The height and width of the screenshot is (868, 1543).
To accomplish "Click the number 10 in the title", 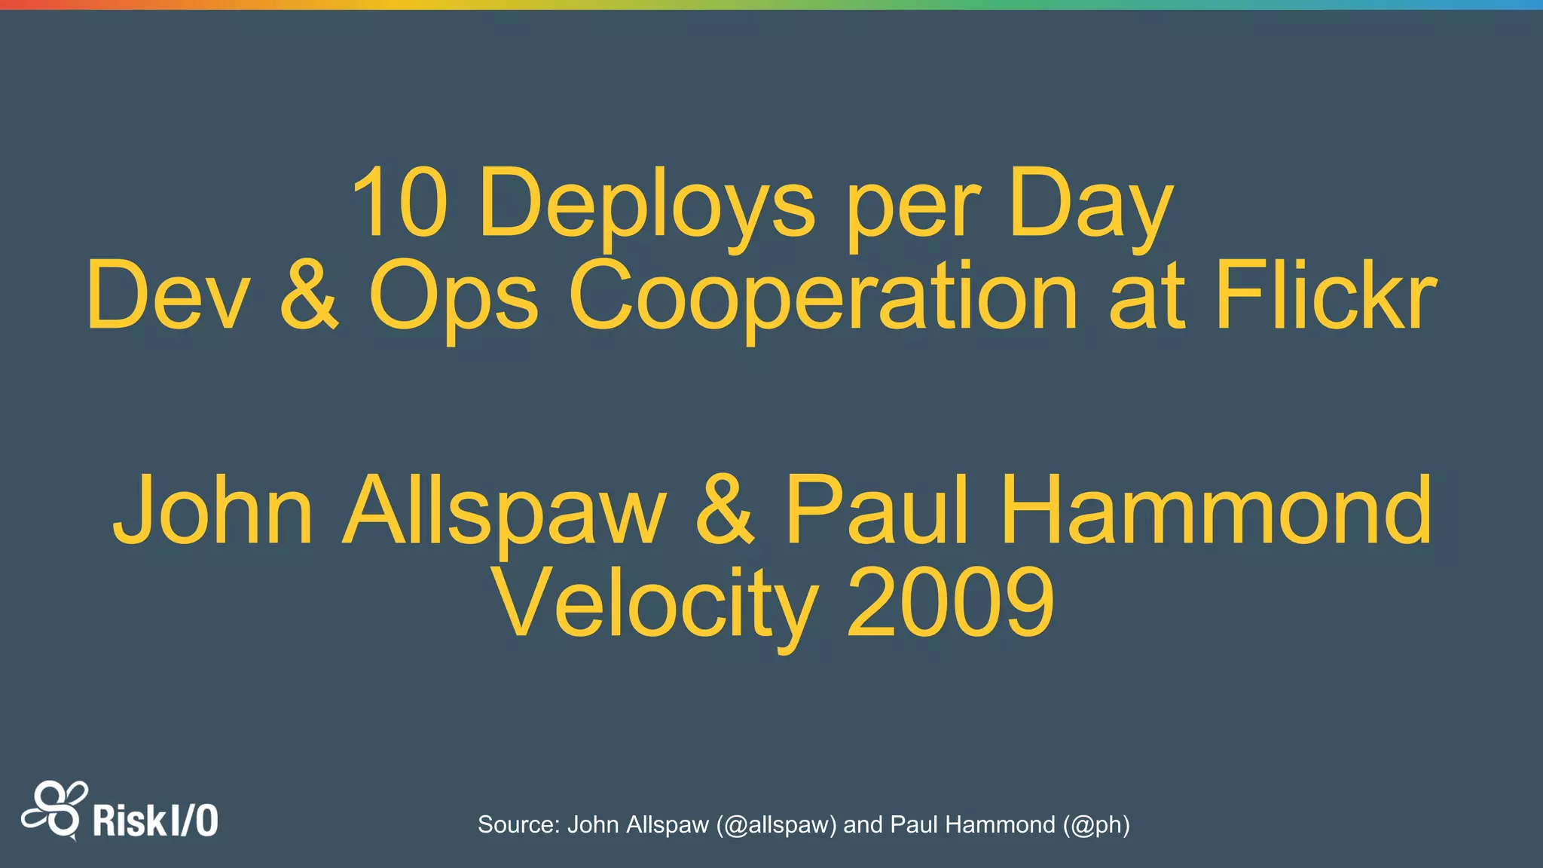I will tap(400, 202).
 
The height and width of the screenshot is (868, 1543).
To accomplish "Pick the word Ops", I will tap(454, 298).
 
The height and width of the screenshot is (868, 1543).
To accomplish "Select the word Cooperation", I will tap(824, 297).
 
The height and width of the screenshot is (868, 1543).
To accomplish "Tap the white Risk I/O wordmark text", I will tap(155, 821).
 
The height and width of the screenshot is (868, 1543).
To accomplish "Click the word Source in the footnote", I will tap(518, 825).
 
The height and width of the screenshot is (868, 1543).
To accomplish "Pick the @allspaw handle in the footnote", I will tap(776, 825).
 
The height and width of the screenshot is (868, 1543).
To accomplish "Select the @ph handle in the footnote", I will tap(1096, 825).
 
